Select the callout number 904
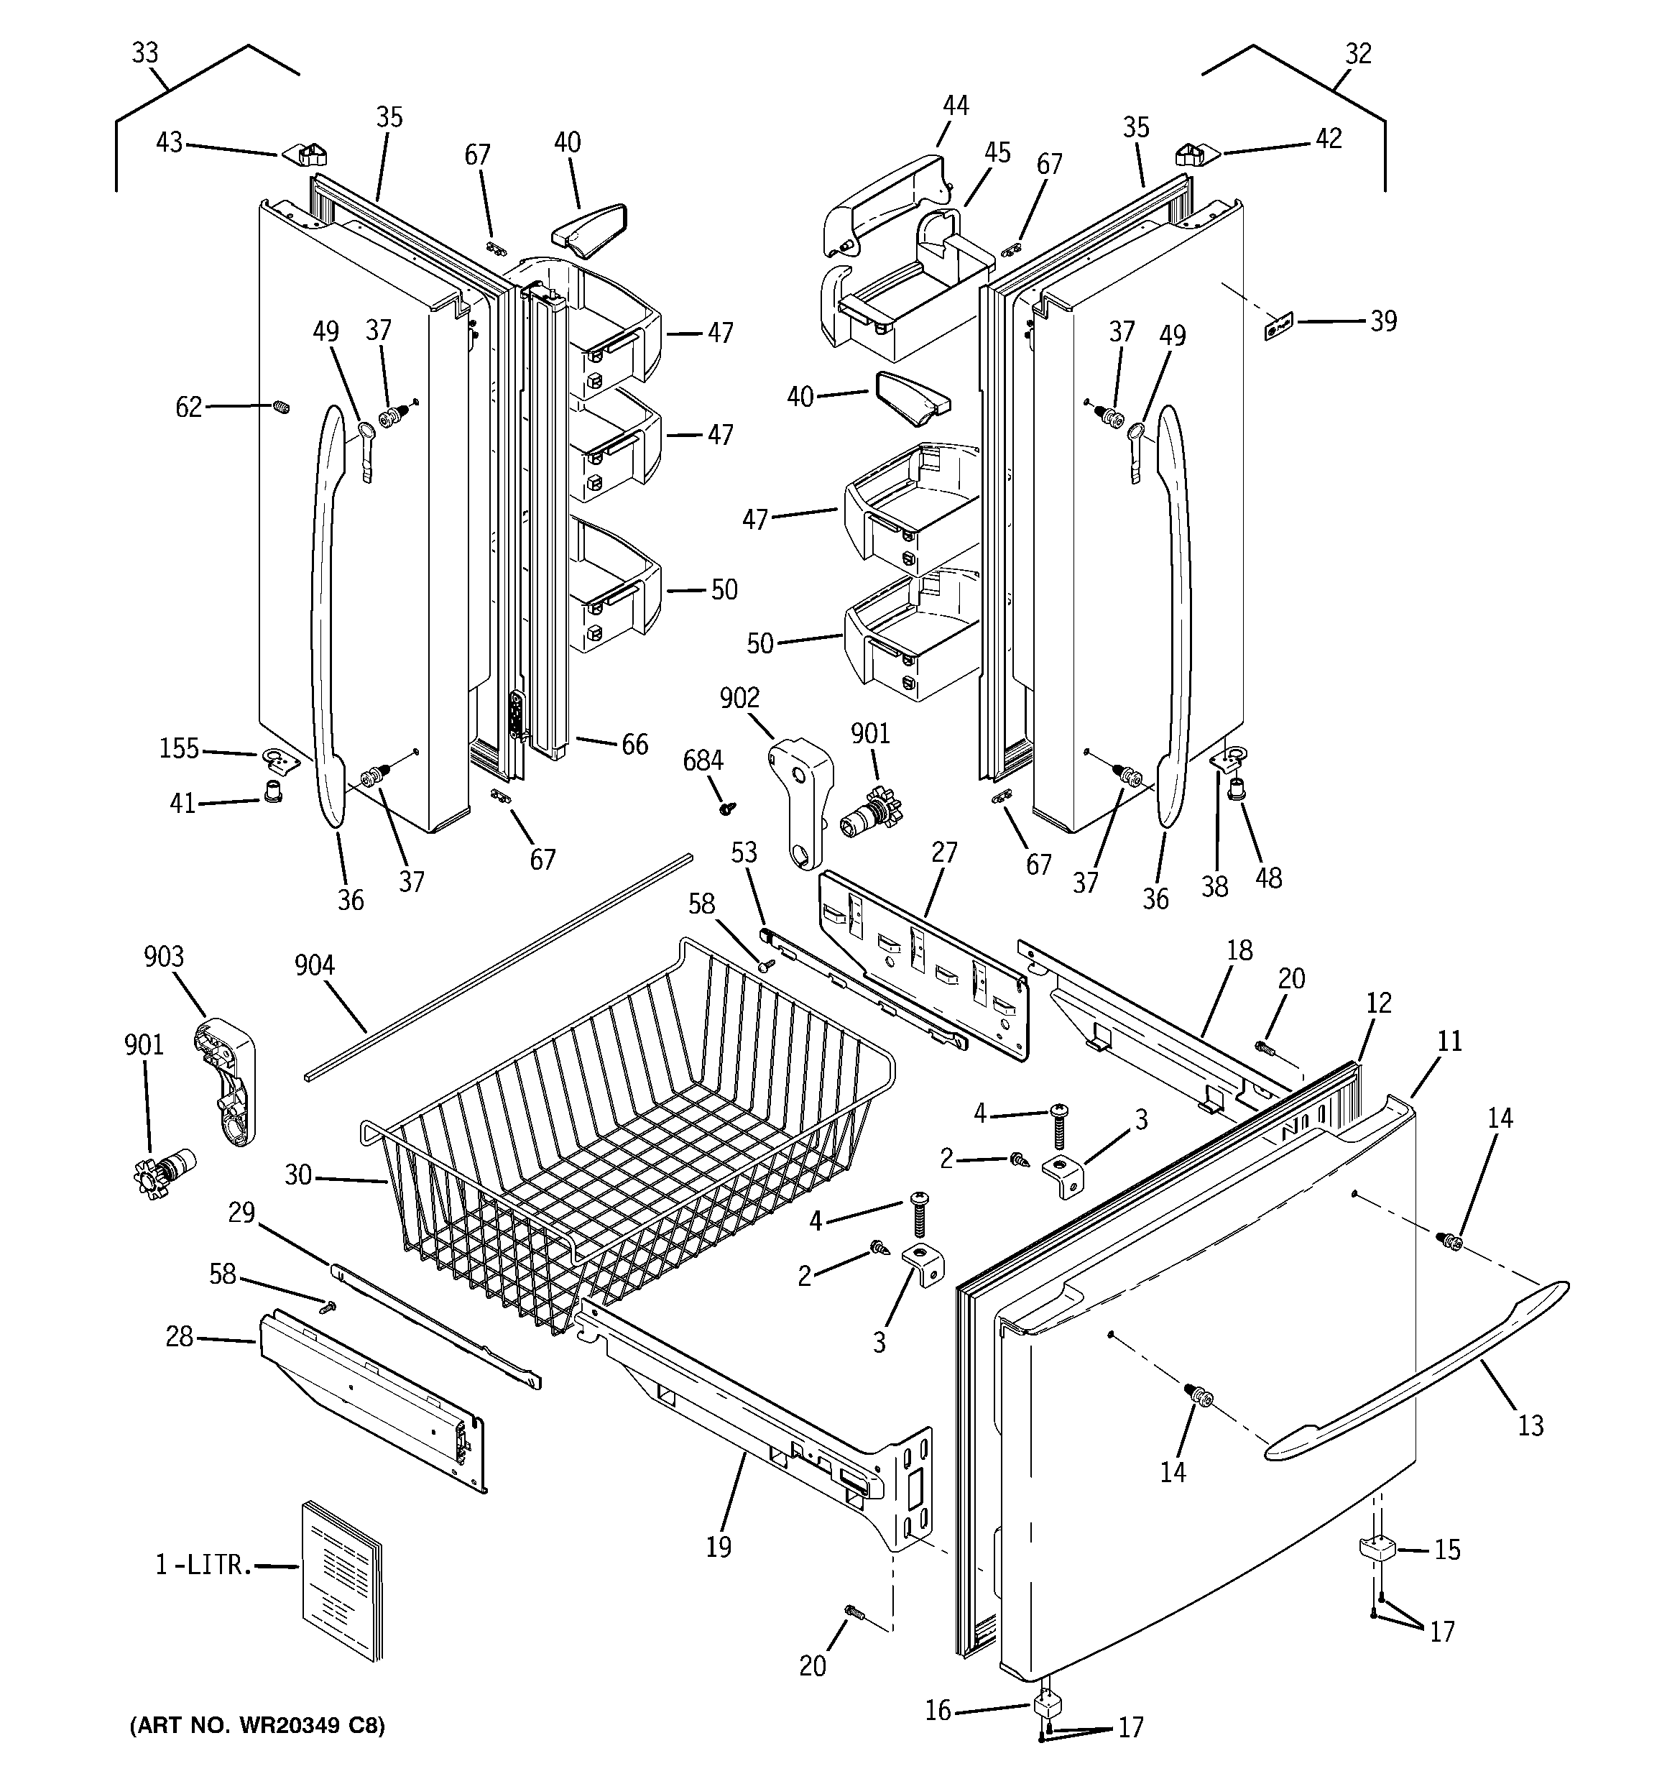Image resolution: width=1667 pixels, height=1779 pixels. (x=314, y=965)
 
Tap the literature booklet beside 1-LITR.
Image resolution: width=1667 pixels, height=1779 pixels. (x=341, y=1581)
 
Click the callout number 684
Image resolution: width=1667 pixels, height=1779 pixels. (x=703, y=760)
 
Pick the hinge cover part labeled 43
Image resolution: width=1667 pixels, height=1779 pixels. (x=306, y=154)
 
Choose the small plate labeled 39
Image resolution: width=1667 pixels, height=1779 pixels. (x=1280, y=326)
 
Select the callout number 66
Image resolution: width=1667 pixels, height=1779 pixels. (x=634, y=744)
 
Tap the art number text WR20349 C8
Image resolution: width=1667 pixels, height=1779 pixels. (x=258, y=1724)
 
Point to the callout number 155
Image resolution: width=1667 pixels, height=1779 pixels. (x=179, y=748)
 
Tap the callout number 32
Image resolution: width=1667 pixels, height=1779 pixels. (x=1357, y=54)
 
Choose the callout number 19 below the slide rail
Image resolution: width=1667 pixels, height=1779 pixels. (x=719, y=1546)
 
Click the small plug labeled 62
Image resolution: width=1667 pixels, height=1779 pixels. (x=281, y=408)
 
